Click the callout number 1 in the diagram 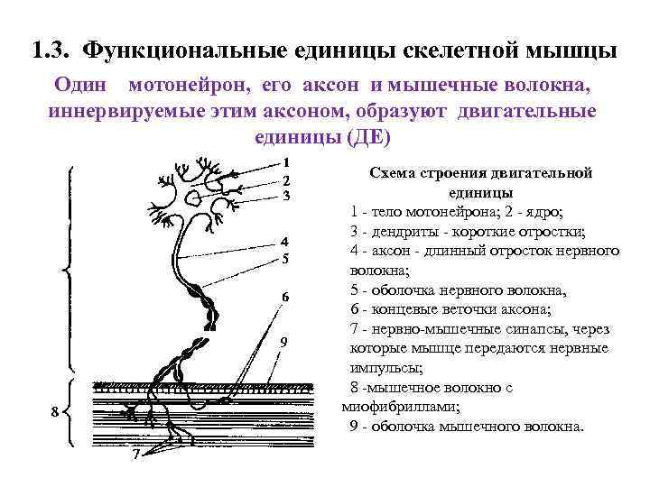click(x=285, y=164)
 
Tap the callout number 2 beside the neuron click(x=285, y=179)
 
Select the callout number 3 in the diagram click(x=285, y=195)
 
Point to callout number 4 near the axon click(x=284, y=242)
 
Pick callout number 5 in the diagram click(x=284, y=259)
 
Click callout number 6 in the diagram click(x=284, y=298)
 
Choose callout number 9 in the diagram click(x=283, y=342)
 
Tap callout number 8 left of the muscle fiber click(x=55, y=412)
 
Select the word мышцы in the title click(x=571, y=51)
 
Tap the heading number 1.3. click(x=51, y=51)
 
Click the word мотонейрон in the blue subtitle click(x=190, y=87)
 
